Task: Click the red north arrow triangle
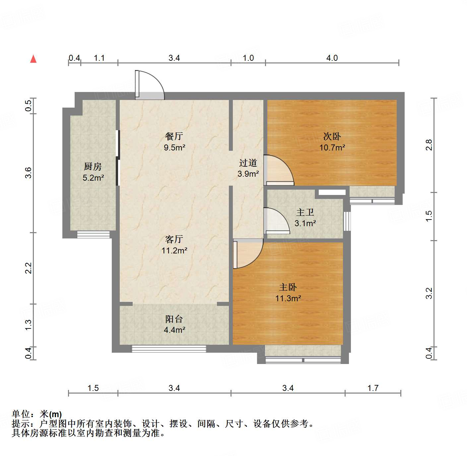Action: click(x=33, y=59)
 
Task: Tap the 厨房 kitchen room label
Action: click(x=93, y=166)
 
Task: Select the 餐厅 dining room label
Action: click(x=174, y=136)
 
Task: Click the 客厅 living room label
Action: click(x=174, y=239)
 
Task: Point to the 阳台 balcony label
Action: click(x=174, y=319)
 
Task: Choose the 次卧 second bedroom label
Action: click(x=332, y=136)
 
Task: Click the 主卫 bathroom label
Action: click(x=305, y=212)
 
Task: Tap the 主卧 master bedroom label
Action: click(x=288, y=287)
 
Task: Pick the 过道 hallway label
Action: click(x=248, y=163)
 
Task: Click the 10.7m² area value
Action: click(x=332, y=147)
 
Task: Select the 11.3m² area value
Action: click(x=288, y=298)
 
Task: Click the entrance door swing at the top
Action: click(x=149, y=85)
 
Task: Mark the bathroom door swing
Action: click(x=276, y=220)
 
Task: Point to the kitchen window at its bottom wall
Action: click(x=93, y=235)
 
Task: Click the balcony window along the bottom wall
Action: click(x=169, y=349)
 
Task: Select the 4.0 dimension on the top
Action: click(x=332, y=58)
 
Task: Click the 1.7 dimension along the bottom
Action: click(x=373, y=388)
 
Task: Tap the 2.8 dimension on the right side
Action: click(x=429, y=145)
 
